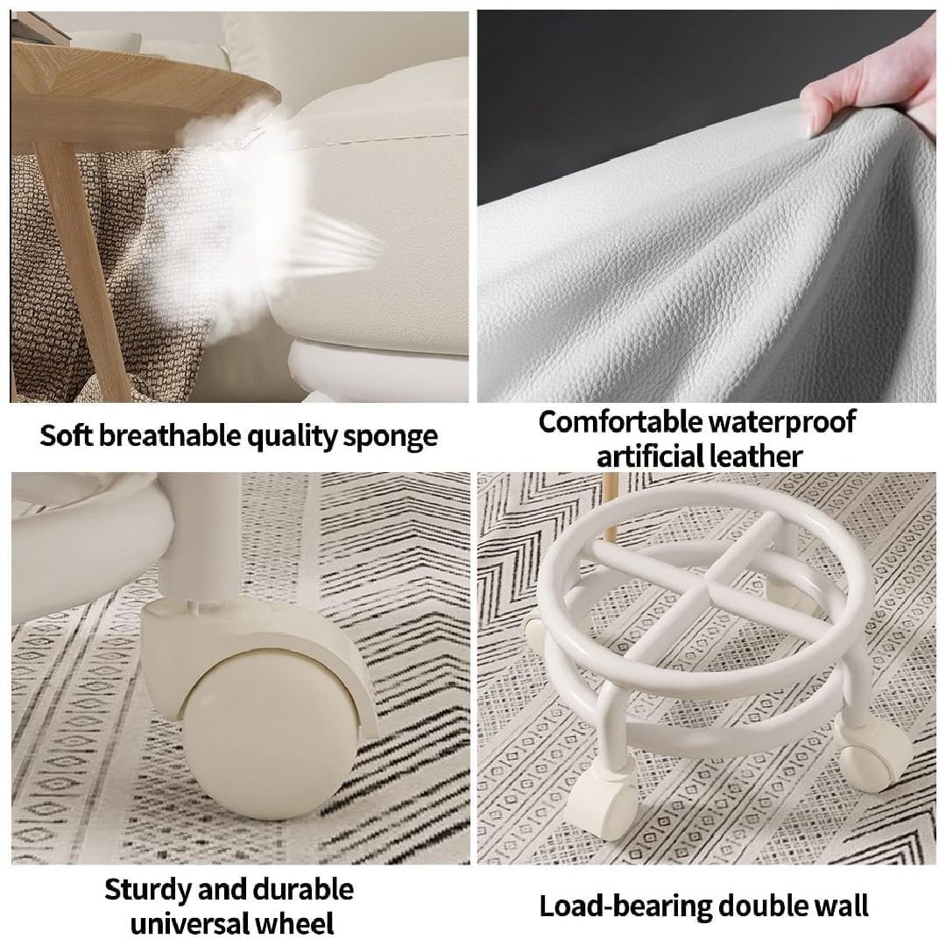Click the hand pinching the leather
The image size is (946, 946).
pos(875,90)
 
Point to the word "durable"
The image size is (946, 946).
pos(303,890)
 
